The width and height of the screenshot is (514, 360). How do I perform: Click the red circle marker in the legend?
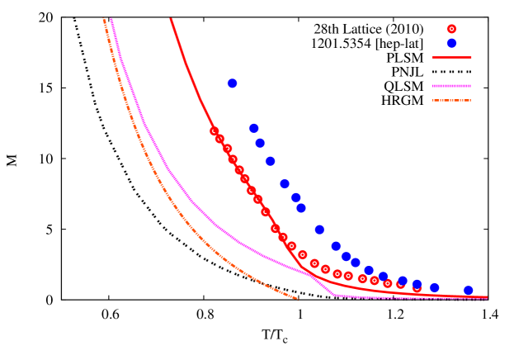point(451,29)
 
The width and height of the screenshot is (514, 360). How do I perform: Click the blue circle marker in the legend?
point(451,43)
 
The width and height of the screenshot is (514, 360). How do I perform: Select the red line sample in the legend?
point(451,58)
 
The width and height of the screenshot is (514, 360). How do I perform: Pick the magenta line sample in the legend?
point(451,86)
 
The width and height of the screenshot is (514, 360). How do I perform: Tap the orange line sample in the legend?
point(451,101)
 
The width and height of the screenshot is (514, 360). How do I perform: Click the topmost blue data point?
point(232,83)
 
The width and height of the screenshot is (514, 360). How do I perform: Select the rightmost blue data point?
point(468,291)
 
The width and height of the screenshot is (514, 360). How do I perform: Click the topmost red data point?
point(215,131)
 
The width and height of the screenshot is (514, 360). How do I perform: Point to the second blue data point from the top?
point(253,128)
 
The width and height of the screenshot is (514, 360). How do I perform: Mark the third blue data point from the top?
point(260,143)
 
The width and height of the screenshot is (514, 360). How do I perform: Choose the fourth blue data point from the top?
point(270,161)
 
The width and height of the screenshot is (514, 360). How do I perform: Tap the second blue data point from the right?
point(434,288)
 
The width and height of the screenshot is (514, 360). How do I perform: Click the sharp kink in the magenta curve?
point(334,294)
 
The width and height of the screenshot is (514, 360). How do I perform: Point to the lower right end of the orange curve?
point(297,299)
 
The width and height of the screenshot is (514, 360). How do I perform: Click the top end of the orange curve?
point(103,19)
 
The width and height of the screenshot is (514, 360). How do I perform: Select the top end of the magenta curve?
point(111,19)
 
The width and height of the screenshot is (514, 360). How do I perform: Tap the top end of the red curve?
point(172,19)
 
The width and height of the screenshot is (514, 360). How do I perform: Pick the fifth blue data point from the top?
point(285,184)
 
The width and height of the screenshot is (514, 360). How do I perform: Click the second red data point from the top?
point(219,139)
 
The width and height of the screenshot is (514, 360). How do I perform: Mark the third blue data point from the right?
point(417,284)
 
